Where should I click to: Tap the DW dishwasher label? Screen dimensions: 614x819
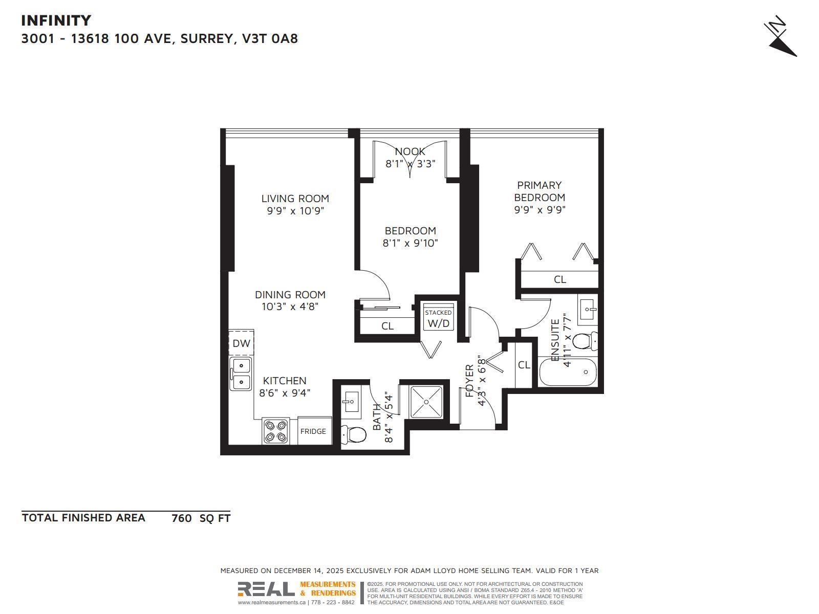pyautogui.click(x=241, y=343)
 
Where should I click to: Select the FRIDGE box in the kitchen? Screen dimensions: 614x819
pyautogui.click(x=313, y=431)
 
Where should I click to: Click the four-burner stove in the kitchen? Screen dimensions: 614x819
pyautogui.click(x=275, y=431)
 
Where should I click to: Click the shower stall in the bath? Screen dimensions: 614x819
pyautogui.click(x=426, y=402)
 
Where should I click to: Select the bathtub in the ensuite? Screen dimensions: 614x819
pyautogui.click(x=568, y=372)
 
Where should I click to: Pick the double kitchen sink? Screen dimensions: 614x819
pyautogui.click(x=241, y=374)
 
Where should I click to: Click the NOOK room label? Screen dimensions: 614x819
pyautogui.click(x=410, y=151)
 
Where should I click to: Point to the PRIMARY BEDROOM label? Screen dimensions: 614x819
pyautogui.click(x=540, y=191)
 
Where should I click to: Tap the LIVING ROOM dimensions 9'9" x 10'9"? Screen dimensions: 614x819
pyautogui.click(x=296, y=211)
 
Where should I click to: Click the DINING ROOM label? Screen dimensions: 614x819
pyautogui.click(x=290, y=295)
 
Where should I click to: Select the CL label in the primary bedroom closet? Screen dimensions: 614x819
pyautogui.click(x=560, y=279)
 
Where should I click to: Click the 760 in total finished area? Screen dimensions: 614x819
pyautogui.click(x=182, y=518)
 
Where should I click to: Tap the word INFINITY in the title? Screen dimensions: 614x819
pyautogui.click(x=56, y=20)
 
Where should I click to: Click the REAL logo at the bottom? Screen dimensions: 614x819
pyautogui.click(x=266, y=589)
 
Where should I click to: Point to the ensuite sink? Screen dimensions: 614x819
pyautogui.click(x=588, y=309)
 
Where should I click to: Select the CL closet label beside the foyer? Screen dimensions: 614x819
pyautogui.click(x=524, y=365)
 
